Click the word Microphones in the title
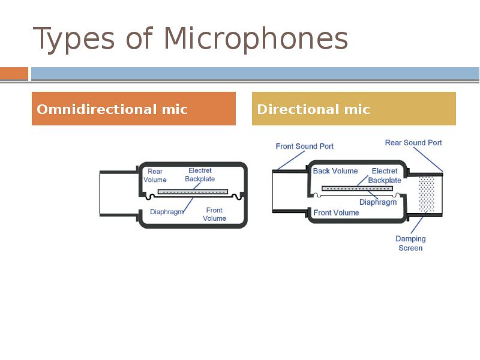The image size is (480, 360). pos(256,40)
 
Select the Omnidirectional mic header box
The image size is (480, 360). pos(133,109)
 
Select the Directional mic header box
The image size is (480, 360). pos(353,109)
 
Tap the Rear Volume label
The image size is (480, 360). pos(155,176)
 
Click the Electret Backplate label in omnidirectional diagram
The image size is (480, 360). pos(200,175)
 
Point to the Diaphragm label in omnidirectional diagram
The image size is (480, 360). pos(167,212)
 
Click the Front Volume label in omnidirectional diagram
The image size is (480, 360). pos(214,214)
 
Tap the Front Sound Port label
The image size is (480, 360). pos(304,146)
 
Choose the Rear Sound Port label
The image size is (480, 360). pos(413,143)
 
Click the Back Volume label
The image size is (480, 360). pos(335,171)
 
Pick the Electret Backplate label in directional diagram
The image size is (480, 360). pos(385,175)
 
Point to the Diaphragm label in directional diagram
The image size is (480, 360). pos(378,202)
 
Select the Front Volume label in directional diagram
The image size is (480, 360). pos(336,212)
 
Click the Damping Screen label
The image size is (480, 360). pos(410,243)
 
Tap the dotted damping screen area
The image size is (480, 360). pos(427,194)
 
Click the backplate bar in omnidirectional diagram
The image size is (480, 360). pos(193,192)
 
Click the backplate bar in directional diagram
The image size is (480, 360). pos(357,188)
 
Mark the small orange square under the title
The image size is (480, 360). pos(14,74)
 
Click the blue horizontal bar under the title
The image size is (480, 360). pos(255,74)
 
